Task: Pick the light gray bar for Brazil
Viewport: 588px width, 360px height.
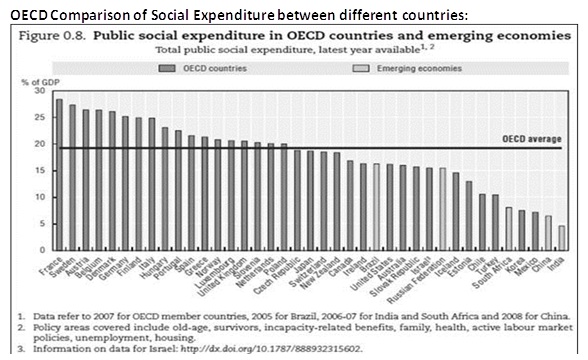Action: [x=377, y=206]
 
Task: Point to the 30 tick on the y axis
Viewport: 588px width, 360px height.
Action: [x=40, y=91]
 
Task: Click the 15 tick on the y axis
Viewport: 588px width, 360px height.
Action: [x=40, y=170]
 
